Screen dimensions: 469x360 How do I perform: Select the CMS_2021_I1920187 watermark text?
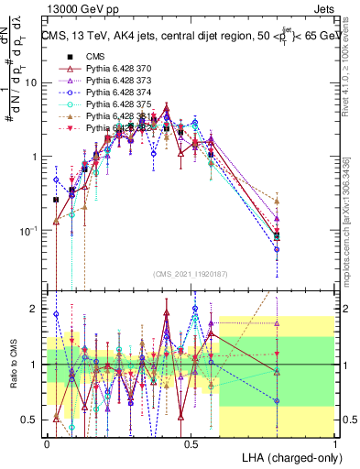coord(191,274)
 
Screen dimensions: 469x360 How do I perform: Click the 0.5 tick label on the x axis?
coord(191,442)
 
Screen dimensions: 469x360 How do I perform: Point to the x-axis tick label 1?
coord(335,442)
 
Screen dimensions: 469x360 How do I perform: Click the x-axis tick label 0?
coord(48,442)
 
